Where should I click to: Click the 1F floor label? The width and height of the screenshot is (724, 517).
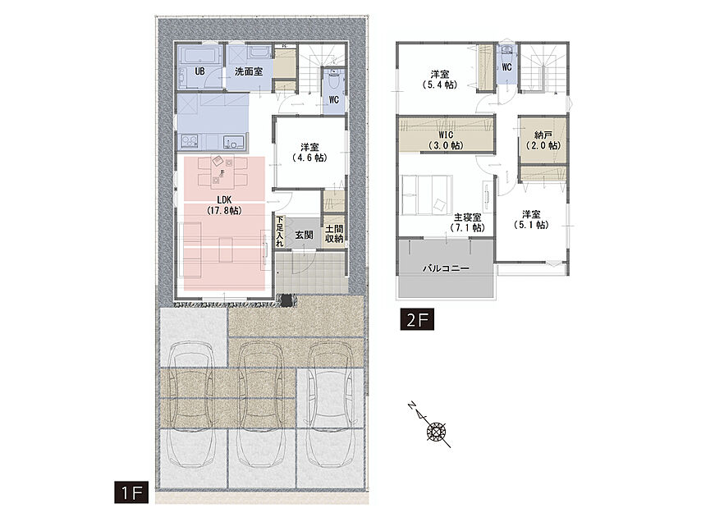[131, 492]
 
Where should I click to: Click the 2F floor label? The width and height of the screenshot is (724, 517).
[417, 320]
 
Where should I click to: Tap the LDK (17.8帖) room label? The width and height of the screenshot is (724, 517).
[224, 205]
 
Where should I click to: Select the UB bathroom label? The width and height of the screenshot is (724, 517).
[199, 72]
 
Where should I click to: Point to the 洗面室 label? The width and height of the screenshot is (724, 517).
[249, 72]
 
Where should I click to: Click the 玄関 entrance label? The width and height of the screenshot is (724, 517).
[304, 235]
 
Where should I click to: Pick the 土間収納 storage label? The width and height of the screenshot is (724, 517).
[334, 234]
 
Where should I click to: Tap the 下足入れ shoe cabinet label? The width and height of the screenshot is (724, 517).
[280, 231]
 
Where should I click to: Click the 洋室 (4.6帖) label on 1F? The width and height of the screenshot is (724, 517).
[309, 153]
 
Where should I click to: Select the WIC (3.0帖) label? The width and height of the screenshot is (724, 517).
[446, 140]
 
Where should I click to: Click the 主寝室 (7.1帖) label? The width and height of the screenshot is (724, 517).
[467, 222]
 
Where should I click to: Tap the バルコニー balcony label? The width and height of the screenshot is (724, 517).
[446, 268]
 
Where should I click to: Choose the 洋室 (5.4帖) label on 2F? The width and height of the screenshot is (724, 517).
[440, 80]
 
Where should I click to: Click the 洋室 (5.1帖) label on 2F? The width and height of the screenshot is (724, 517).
[531, 220]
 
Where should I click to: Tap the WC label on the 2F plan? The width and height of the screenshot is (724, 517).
[506, 67]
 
